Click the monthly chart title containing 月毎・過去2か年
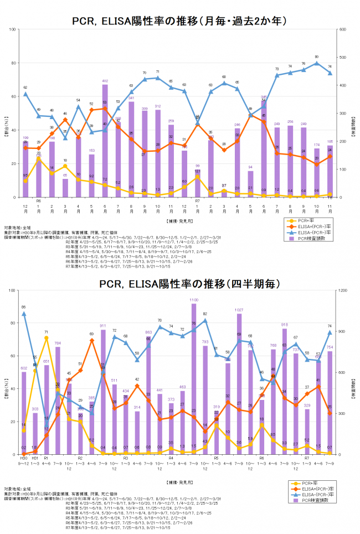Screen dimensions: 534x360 coord(179,20)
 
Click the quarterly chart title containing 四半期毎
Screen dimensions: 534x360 coord(179,284)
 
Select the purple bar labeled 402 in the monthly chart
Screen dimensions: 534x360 coord(105,144)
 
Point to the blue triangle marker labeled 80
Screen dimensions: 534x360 coord(316,63)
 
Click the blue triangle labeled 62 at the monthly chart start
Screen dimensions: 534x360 coord(25,94)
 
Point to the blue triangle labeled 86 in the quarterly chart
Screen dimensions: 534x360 coord(24,314)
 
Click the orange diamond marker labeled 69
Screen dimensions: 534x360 coord(92,340)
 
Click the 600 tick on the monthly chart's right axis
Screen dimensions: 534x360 coord(343,29)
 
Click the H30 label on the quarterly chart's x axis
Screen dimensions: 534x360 coord(24,459)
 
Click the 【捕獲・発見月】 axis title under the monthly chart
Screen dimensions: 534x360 coord(179,221)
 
